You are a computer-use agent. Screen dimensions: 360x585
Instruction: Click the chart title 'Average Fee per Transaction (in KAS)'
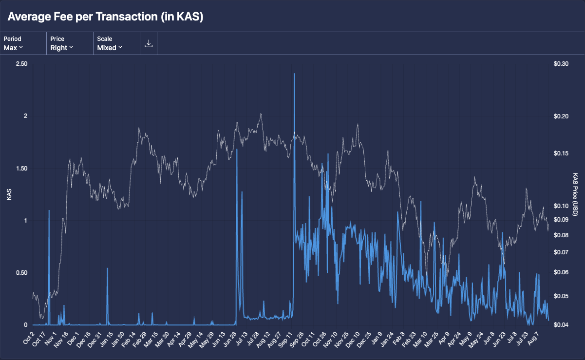[105, 17]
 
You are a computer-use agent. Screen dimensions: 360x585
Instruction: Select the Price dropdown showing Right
[62, 43]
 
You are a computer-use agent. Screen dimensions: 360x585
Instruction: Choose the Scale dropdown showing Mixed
[110, 43]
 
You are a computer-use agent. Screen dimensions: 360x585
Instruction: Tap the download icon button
[149, 43]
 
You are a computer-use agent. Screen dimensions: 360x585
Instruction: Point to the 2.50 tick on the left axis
[21, 64]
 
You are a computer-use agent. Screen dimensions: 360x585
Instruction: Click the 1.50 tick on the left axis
[21, 169]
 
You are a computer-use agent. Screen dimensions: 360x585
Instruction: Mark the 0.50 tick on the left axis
[21, 273]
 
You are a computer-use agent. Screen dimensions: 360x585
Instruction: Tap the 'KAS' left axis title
[9, 194]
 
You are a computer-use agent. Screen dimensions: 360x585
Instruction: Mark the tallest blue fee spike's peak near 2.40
[294, 74]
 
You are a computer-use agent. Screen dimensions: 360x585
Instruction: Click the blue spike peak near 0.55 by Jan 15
[107, 268]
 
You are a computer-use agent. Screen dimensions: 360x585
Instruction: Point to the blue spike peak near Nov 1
[49, 210]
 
